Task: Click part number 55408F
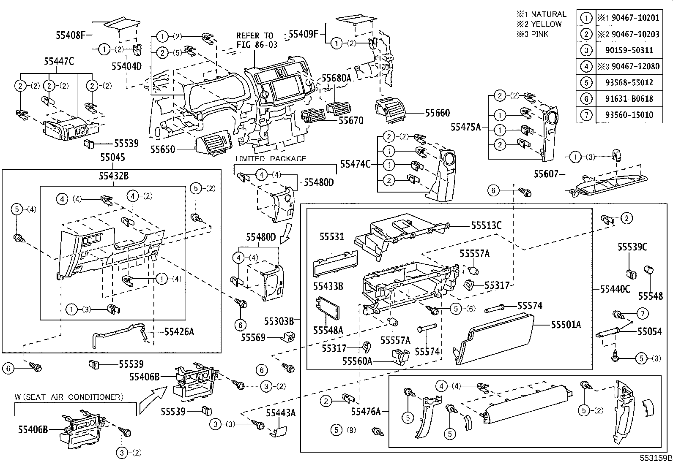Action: pos(71,35)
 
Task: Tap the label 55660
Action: pos(438,113)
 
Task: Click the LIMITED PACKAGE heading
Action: pos(271,159)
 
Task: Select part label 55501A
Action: pos(566,325)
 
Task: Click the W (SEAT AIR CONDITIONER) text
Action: pos(69,397)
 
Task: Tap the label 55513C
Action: pos(486,226)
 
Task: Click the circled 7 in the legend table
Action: pos(586,115)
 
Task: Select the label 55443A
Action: pos(281,412)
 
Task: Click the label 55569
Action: pos(253,337)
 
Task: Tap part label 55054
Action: pos(649,331)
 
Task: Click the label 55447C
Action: pos(59,62)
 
